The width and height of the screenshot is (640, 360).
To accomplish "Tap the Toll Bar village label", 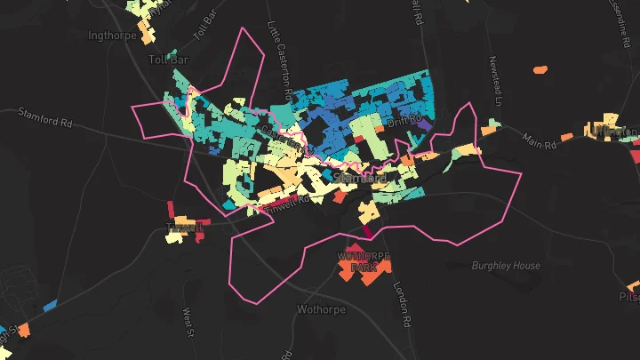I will (x=170, y=59).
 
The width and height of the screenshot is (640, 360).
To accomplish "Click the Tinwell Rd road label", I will (x=288, y=201).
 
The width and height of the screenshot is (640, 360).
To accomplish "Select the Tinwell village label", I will (x=185, y=228).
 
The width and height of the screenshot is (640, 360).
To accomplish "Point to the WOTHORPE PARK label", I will (x=364, y=261).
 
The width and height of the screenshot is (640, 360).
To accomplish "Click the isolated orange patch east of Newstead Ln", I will (x=539, y=68).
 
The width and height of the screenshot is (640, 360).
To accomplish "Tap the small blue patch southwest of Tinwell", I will (x=49, y=305).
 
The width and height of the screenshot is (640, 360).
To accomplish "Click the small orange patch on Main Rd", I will (x=566, y=138).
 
